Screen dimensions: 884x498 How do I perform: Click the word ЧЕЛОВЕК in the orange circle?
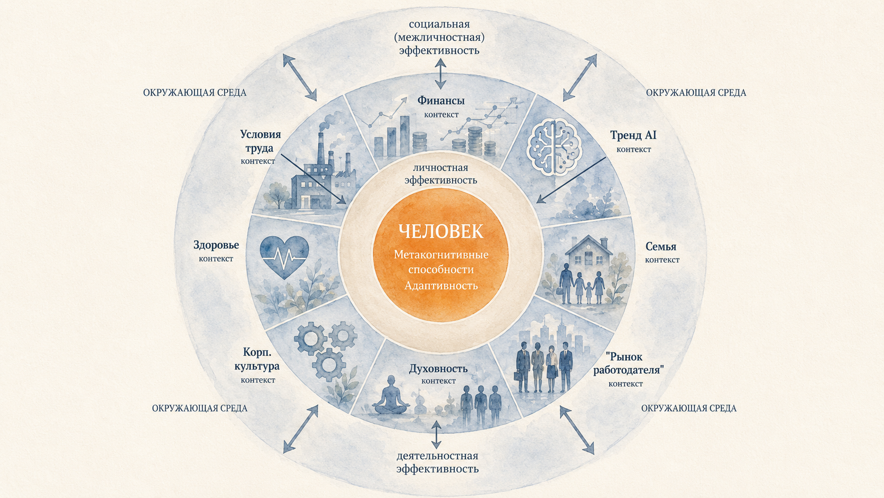tap(441, 231)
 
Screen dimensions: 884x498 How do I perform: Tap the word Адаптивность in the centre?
tap(441, 285)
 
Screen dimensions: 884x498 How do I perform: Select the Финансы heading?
tap(441, 101)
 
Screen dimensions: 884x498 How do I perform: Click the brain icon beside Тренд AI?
tap(555, 148)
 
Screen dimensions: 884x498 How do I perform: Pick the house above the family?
tap(588, 251)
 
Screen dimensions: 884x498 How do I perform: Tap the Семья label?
tap(661, 247)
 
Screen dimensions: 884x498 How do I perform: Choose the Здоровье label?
tap(216, 245)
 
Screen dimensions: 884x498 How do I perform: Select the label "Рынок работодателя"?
tap(629, 364)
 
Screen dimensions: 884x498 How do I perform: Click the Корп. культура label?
tap(257, 359)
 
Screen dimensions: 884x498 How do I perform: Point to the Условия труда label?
tap(261, 141)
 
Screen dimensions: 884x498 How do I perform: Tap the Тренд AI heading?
tap(633, 135)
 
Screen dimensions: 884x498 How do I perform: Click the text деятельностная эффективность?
tap(437, 463)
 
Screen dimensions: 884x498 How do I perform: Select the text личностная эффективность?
tap(441, 174)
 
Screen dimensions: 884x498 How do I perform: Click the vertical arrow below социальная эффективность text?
tap(440, 74)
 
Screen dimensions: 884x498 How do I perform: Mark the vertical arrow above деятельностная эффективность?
tap(436, 435)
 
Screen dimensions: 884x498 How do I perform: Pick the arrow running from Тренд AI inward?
tap(571, 180)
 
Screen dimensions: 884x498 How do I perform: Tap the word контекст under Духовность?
tap(438, 381)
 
